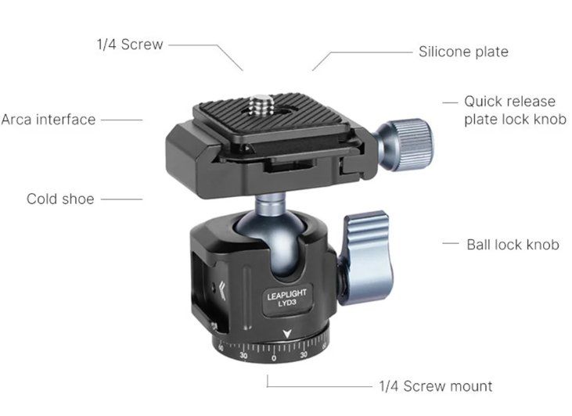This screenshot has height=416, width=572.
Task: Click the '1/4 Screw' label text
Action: pos(130,45)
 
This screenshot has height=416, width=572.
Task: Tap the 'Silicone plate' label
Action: pos(463,52)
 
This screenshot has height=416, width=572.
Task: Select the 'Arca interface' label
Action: pos(49,120)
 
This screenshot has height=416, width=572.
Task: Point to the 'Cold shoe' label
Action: pos(60,199)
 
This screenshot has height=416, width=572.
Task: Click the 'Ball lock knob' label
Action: pos(513,245)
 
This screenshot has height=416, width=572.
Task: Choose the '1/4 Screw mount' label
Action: pos(436,386)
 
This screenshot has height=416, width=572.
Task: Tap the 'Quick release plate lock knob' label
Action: pos(515,110)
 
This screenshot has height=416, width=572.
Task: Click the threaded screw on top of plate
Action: pos(257,105)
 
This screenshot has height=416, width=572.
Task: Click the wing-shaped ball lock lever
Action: pos(367,258)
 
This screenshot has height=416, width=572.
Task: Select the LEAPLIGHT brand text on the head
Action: pos(286,294)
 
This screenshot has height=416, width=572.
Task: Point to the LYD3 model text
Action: pos(287,303)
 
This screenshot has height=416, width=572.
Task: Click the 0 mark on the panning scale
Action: pos(274,358)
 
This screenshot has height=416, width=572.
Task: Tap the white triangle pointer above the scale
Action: pos(287,333)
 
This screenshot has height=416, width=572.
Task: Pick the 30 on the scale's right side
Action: pos(304,355)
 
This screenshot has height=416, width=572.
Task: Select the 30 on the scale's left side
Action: pos(243,355)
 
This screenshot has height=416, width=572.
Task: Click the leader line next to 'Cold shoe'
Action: pos(121,199)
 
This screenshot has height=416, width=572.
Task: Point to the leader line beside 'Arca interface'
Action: pos(121,120)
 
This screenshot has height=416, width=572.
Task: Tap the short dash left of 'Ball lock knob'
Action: pos(451,243)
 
